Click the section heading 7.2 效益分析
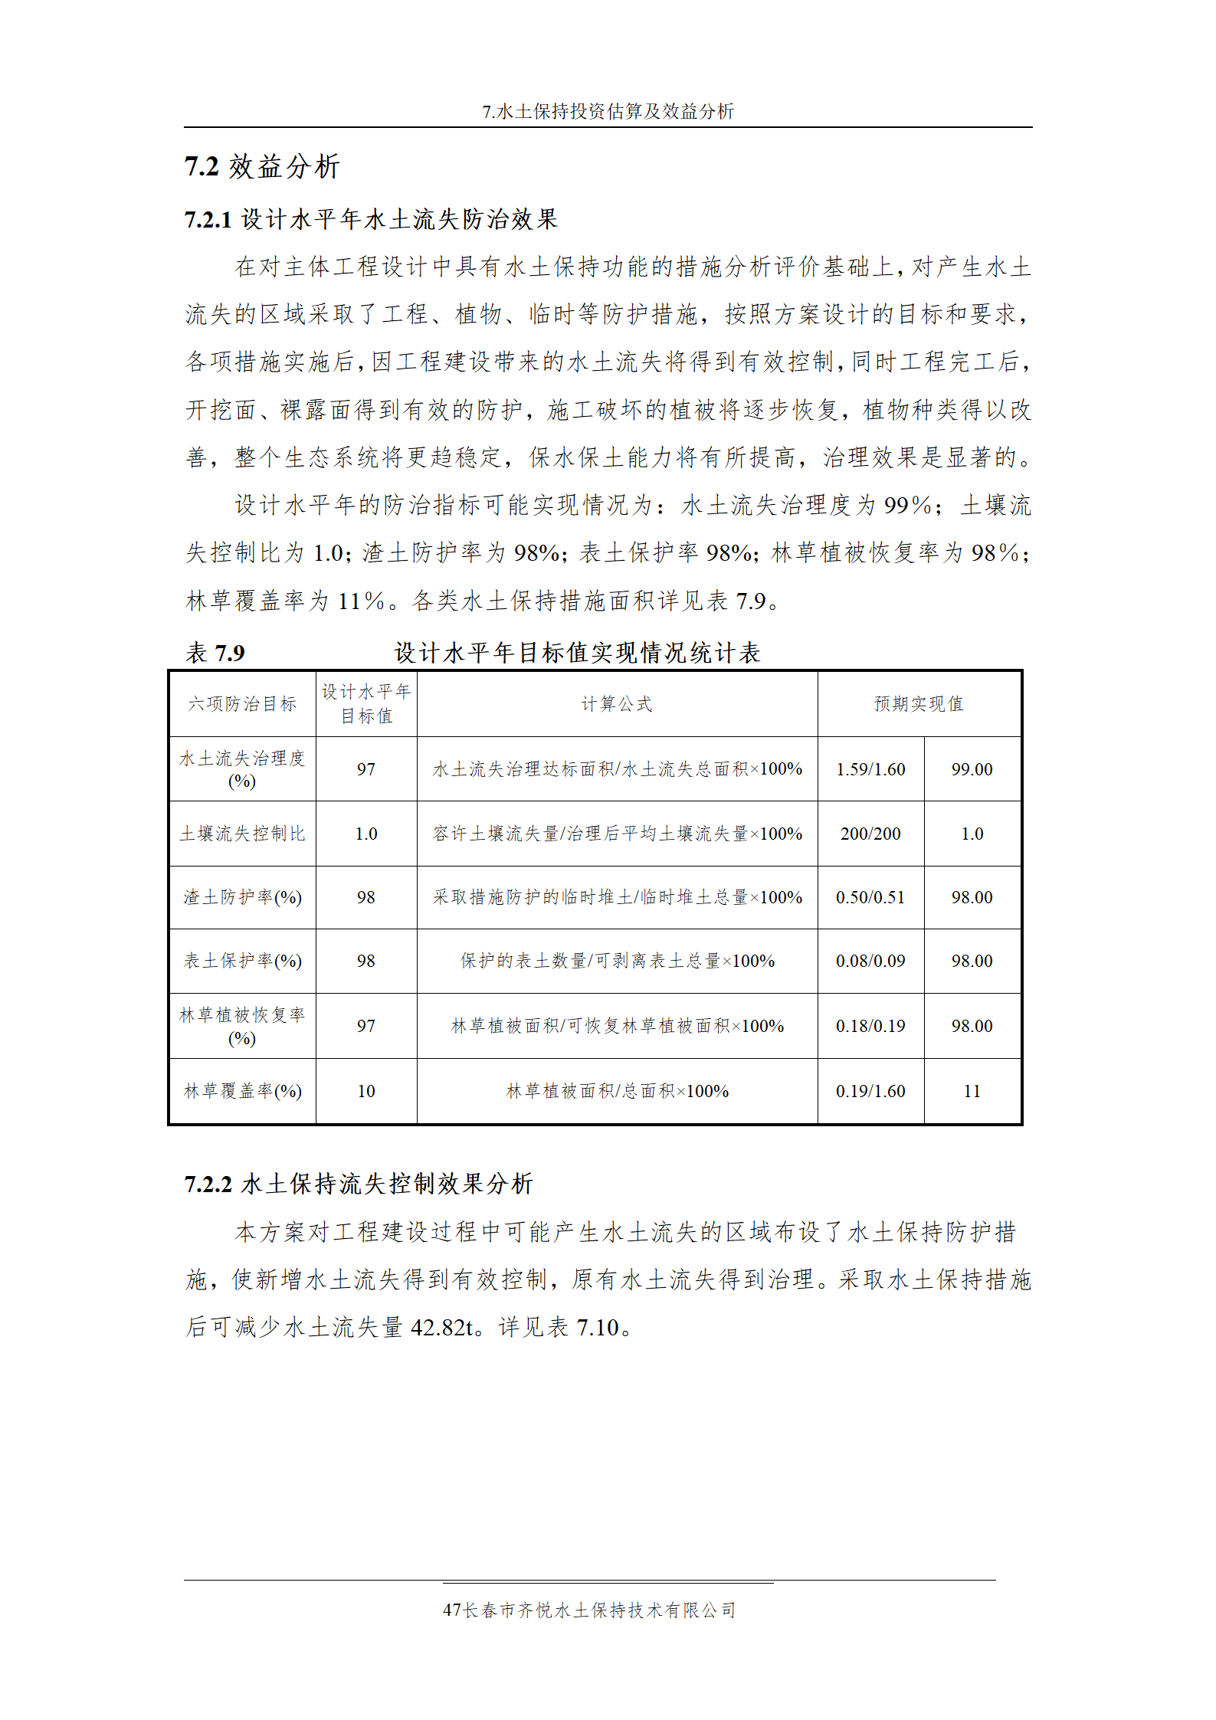[262, 166]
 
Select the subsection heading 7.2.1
[371, 220]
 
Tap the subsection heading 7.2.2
[358, 1184]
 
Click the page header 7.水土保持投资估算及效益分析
[608, 112]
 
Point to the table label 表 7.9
[215, 653]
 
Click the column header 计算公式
[617, 704]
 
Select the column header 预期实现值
[919, 704]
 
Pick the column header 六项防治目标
[242, 704]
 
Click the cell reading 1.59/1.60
[870, 769]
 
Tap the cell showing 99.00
[972, 769]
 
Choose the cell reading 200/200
[870, 834]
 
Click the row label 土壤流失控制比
[242, 834]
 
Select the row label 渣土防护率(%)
[242, 897]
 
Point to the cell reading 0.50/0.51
[870, 897]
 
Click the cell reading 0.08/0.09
[870, 961]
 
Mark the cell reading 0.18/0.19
[870, 1026]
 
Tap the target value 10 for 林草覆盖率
[366, 1091]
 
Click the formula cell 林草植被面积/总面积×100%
[617, 1091]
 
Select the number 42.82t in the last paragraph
[442, 1327]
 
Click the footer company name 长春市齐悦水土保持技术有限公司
[599, 1610]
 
